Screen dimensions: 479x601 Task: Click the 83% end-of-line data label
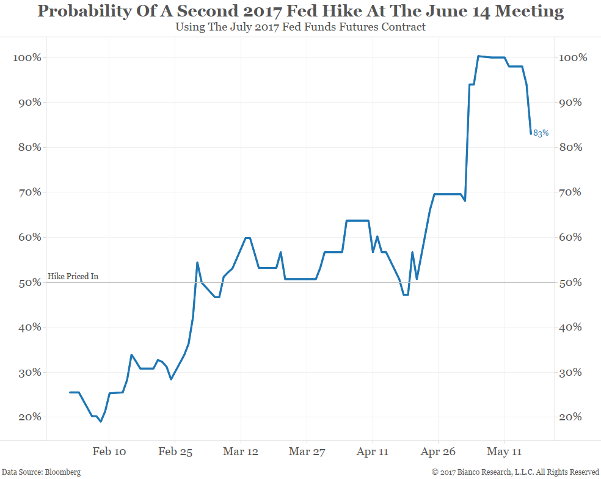pyautogui.click(x=541, y=133)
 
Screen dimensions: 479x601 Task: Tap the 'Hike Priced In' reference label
pyautogui.click(x=73, y=277)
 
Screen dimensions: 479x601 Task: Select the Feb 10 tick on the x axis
pyautogui.click(x=109, y=452)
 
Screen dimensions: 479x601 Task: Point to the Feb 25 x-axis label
pyautogui.click(x=175, y=452)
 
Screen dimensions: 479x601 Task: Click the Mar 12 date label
pyautogui.click(x=241, y=452)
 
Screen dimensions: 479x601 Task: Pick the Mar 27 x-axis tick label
pyautogui.click(x=307, y=452)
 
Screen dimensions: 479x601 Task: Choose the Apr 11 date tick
pyautogui.click(x=373, y=452)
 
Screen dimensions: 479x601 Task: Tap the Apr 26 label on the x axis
pyautogui.click(x=439, y=452)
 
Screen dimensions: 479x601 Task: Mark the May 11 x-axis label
pyautogui.click(x=504, y=452)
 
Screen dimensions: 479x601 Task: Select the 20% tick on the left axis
pyautogui.click(x=29, y=417)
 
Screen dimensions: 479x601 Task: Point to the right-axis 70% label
pyautogui.click(x=573, y=192)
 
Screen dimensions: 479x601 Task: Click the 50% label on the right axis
pyautogui.click(x=573, y=283)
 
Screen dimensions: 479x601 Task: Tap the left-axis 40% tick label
pyautogui.click(x=29, y=327)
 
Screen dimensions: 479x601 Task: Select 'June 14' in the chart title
pyautogui.click(x=450, y=12)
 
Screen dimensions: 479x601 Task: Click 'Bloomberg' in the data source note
pyautogui.click(x=62, y=472)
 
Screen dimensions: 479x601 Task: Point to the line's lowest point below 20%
pyautogui.click(x=101, y=422)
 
